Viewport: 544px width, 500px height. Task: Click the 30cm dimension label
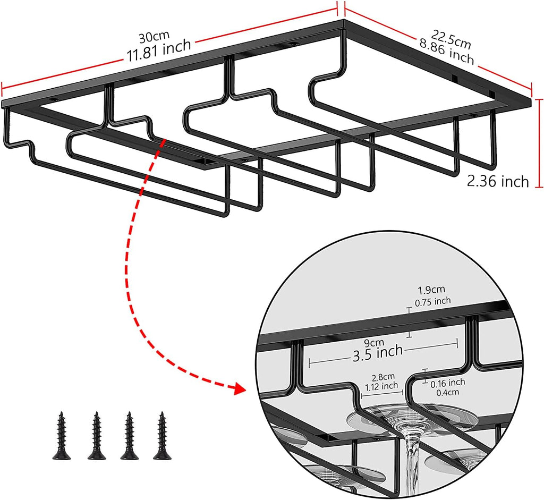[x=154, y=37]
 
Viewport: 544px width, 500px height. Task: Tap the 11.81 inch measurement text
[x=158, y=51]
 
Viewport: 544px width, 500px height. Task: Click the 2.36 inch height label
[x=498, y=182]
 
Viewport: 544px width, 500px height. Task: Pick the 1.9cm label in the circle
[x=431, y=290]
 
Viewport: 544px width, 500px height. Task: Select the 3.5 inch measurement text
[x=377, y=353]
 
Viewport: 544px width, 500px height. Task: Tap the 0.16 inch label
[x=448, y=382]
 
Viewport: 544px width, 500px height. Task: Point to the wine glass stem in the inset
[x=411, y=457]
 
